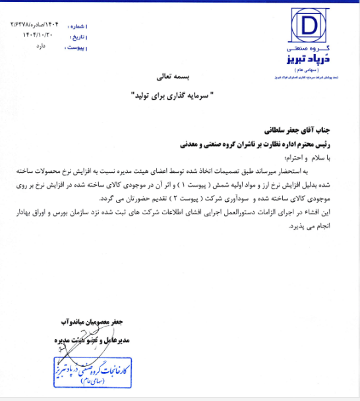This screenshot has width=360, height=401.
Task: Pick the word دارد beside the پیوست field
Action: click(41, 47)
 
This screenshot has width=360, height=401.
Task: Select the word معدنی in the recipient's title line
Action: click(191, 142)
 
